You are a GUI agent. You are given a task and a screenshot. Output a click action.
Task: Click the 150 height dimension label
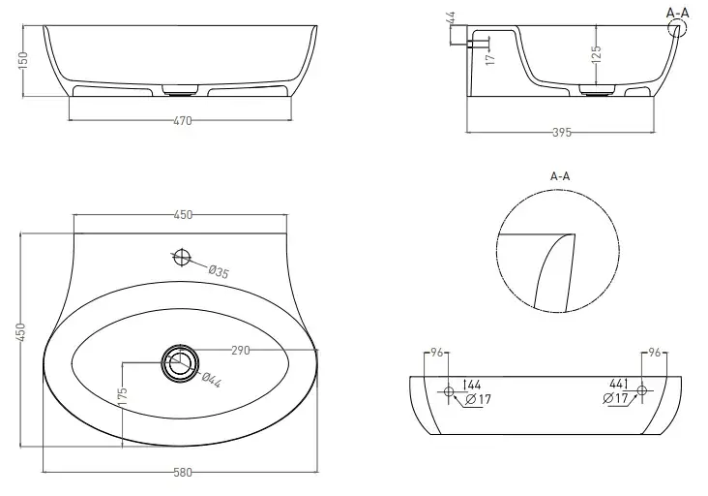pos(23,60)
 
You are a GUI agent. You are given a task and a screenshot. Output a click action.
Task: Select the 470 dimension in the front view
pos(183,121)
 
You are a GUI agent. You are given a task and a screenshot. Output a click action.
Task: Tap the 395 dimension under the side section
pos(562,133)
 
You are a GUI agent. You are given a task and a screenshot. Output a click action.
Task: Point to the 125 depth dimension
pos(597,54)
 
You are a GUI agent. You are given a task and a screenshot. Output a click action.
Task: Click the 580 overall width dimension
pos(183,473)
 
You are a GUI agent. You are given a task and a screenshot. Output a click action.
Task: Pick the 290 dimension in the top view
pos(240,351)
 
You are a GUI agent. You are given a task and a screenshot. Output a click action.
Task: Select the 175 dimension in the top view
pos(123,396)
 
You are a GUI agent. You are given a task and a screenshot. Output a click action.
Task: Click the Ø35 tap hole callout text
pos(219,272)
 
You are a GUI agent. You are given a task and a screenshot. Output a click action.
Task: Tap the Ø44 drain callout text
pos(211,380)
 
